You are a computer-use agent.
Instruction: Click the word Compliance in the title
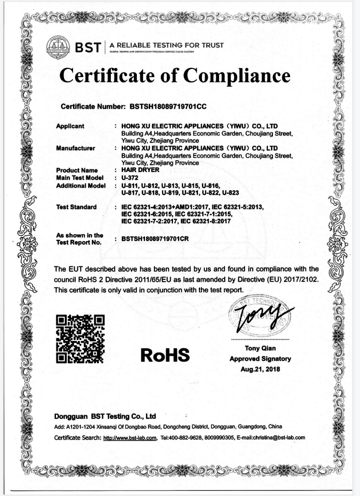pos(238,76)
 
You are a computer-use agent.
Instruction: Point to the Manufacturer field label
pos(75,148)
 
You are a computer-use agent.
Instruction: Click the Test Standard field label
pos(76,207)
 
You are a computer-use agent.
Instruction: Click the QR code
pos(80,339)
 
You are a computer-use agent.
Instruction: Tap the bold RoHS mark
pos(165,355)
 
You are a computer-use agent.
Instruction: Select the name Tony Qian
pos(260,349)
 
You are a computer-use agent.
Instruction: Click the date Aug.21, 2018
pos(260,369)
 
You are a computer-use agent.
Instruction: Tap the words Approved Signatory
pos(260,359)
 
